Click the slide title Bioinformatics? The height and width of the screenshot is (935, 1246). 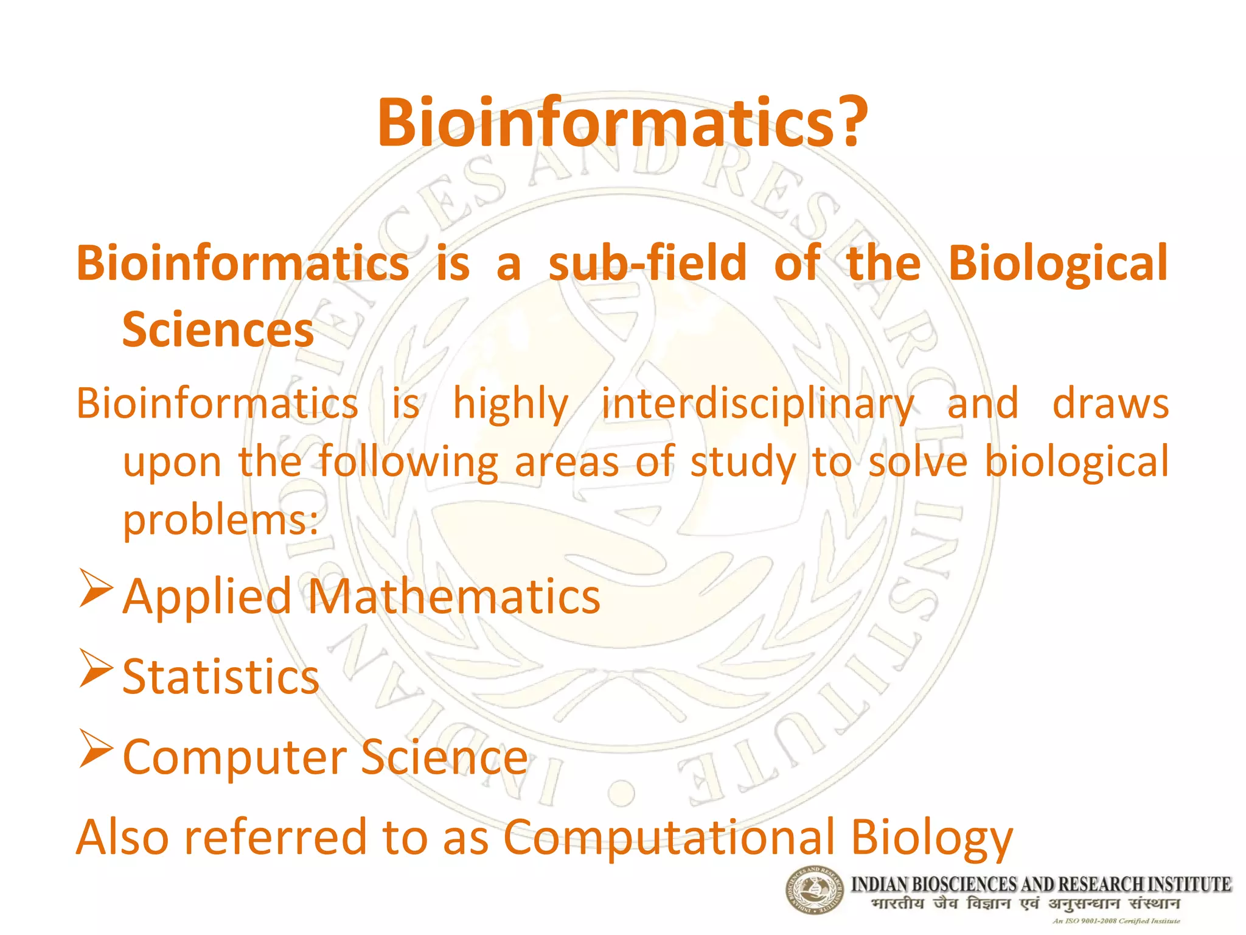(x=622, y=123)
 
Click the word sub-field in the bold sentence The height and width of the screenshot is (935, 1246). (x=647, y=264)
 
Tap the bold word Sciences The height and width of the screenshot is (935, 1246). (x=218, y=331)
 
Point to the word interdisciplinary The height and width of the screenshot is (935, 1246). (x=757, y=405)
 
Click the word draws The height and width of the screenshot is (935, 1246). (x=1110, y=404)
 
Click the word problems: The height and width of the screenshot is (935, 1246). (x=221, y=521)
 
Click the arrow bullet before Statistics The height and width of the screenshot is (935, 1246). (x=96, y=668)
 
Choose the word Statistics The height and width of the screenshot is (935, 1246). (x=221, y=677)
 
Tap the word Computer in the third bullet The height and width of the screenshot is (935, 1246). (x=234, y=758)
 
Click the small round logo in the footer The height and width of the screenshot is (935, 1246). (x=814, y=890)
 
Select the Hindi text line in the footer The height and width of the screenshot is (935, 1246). (x=1025, y=903)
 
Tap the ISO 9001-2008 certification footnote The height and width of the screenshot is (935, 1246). (x=1116, y=921)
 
